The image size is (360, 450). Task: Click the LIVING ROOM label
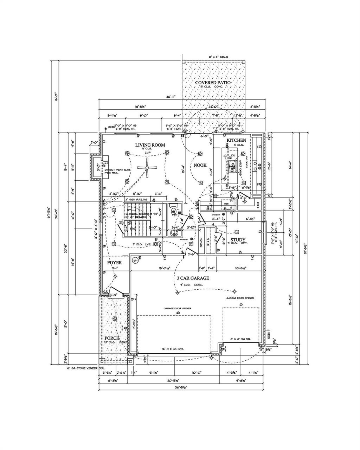tap(150, 145)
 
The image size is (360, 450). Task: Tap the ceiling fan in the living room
tap(147, 168)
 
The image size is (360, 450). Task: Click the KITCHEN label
tap(236, 140)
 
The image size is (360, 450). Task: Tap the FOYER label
tap(114, 263)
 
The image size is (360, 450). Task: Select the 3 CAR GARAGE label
tap(193, 278)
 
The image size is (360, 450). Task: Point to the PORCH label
tap(112, 338)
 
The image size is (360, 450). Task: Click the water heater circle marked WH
tap(135, 261)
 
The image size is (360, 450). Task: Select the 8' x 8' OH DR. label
tap(240, 339)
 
